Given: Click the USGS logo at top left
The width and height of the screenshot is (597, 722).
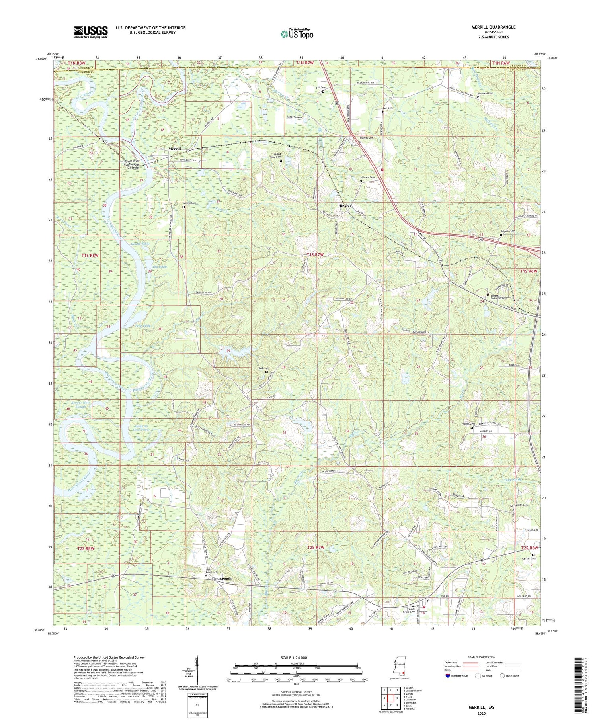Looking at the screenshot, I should pyautogui.click(x=91, y=32).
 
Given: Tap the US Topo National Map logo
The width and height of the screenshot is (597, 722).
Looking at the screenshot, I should pyautogui.click(x=297, y=34).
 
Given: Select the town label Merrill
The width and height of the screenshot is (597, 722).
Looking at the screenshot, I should pyautogui.click(x=174, y=149).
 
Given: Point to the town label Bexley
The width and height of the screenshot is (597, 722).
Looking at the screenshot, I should pyautogui.click(x=345, y=205).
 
